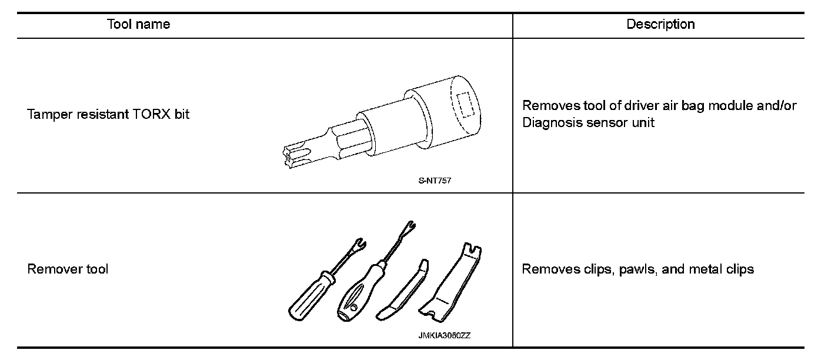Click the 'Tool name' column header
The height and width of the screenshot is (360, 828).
click(x=138, y=25)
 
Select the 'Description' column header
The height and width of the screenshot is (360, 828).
click(x=660, y=25)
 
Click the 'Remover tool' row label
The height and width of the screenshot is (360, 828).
click(x=68, y=269)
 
